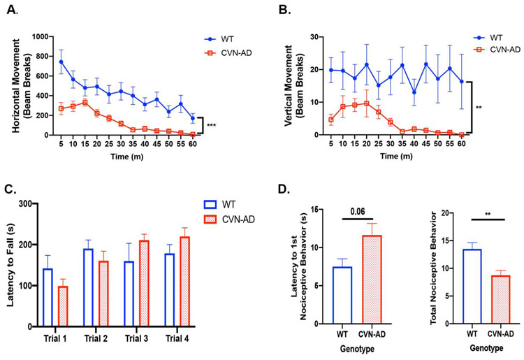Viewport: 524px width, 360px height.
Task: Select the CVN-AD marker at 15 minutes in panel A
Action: [85, 102]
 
